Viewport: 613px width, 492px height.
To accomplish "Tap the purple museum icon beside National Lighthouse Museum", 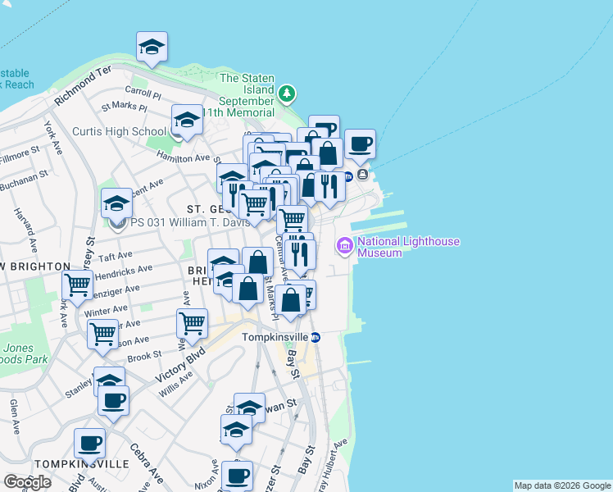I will [x=343, y=245].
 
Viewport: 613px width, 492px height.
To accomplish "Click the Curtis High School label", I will [x=119, y=131].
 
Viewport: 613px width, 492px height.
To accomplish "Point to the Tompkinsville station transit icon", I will [x=315, y=337].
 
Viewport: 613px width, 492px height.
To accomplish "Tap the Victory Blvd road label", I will [x=180, y=367].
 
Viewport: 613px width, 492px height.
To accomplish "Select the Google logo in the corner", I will [x=27, y=482].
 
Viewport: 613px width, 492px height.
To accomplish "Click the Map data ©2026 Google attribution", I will [x=561, y=485].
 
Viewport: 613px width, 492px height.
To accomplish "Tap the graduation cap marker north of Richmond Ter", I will [x=152, y=47].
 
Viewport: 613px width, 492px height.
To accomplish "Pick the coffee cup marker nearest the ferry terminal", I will [x=360, y=144].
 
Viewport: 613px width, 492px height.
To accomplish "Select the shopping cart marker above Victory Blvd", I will [x=192, y=322].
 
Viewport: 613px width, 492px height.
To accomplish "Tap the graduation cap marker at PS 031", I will [x=116, y=203].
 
